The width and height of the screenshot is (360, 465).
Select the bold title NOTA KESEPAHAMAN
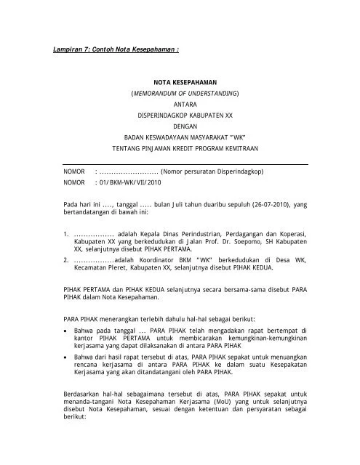pyautogui.click(x=180, y=83)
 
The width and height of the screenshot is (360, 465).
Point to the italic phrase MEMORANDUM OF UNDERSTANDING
pyautogui.click(x=179, y=94)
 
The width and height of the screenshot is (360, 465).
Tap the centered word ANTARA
pyautogui.click(x=180, y=106)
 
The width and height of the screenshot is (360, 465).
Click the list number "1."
pyautogui.click(x=66, y=234)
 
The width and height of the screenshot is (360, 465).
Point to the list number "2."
pyautogui.click(x=66, y=259)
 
